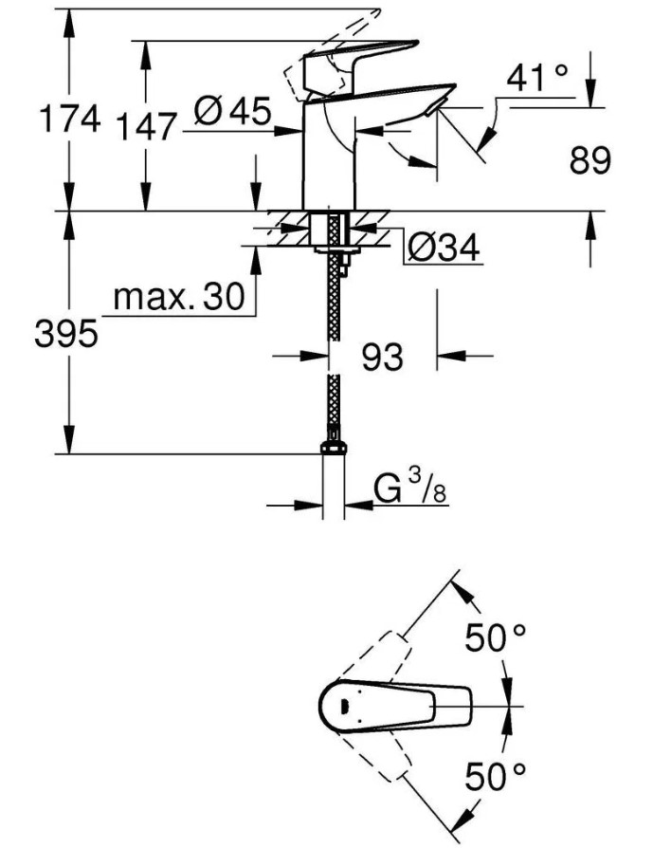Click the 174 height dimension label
[70, 119]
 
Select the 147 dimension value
[146, 127]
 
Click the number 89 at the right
[589, 160]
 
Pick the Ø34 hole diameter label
[444, 249]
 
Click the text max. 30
[179, 297]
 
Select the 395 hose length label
[66, 333]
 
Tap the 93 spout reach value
[383, 357]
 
